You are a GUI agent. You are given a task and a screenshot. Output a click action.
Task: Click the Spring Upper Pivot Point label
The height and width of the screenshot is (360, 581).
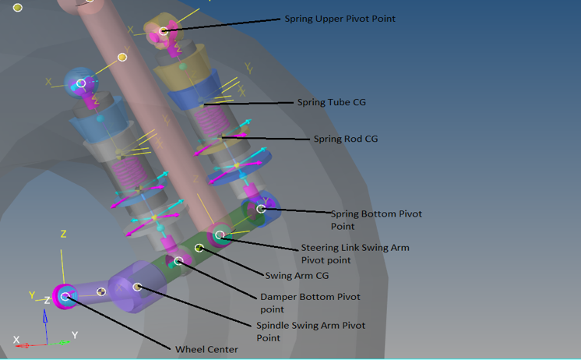340,19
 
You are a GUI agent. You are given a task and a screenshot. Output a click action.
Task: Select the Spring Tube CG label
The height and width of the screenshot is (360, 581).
331,102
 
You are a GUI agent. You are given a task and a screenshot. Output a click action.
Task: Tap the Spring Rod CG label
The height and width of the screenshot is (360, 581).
345,139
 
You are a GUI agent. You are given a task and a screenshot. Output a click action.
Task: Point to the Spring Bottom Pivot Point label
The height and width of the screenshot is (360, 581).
376,220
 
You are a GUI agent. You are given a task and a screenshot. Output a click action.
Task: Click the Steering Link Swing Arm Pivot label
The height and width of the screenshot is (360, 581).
354,253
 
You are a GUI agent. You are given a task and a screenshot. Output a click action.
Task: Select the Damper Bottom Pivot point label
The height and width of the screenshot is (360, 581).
310,302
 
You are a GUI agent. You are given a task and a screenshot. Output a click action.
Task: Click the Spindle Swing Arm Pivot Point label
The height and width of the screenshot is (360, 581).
310,331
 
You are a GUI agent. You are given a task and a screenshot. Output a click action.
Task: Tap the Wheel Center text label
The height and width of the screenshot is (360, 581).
206,350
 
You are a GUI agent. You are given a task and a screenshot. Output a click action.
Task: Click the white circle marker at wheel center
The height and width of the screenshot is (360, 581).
65,296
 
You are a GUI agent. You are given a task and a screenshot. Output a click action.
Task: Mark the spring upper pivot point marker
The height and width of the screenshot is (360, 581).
164,32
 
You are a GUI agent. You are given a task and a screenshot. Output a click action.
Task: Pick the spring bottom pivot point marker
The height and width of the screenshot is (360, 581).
261,209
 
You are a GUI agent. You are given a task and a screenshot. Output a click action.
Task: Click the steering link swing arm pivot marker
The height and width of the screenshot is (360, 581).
220,235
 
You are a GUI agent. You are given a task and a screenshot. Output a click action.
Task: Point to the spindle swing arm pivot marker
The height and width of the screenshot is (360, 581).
137,287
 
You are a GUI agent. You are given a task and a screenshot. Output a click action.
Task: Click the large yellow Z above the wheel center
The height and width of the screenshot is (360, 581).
63,234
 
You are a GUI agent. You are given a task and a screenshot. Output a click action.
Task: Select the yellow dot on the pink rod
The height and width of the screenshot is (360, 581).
122,57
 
